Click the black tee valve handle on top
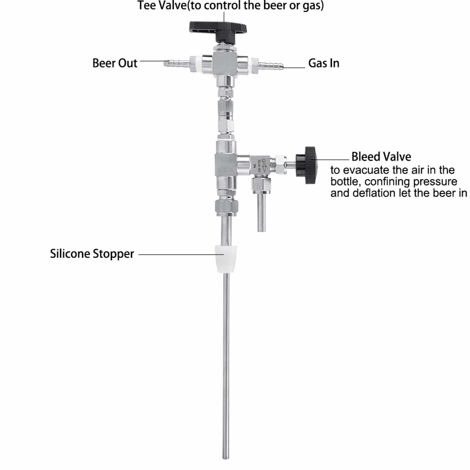tap(218, 28)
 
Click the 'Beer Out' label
tap(115, 63)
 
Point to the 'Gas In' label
tap(324, 63)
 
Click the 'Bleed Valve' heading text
tap(381, 156)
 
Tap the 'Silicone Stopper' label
tap(92, 254)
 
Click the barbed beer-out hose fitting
tap(176, 63)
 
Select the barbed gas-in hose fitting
tap(271, 66)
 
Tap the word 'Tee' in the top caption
tap(147, 5)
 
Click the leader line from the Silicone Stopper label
tap(181, 255)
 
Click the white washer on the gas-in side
tap(255, 66)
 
